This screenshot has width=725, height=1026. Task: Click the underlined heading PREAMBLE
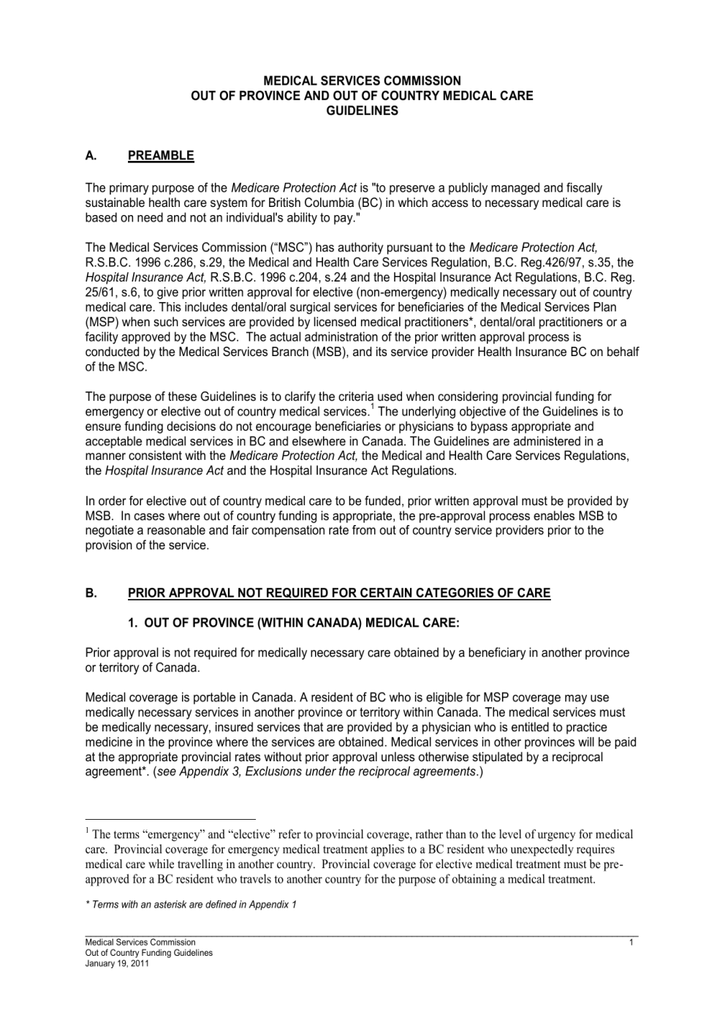point(161,155)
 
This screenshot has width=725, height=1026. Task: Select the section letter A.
point(91,155)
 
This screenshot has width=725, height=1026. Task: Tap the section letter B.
point(91,593)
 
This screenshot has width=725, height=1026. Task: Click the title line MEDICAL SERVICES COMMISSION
point(362,80)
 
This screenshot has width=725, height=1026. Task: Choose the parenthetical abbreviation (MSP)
point(100,322)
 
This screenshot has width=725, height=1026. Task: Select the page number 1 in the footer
point(631,943)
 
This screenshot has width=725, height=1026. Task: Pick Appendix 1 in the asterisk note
point(273,905)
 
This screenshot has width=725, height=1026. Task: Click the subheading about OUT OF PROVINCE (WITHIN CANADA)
point(294,623)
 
